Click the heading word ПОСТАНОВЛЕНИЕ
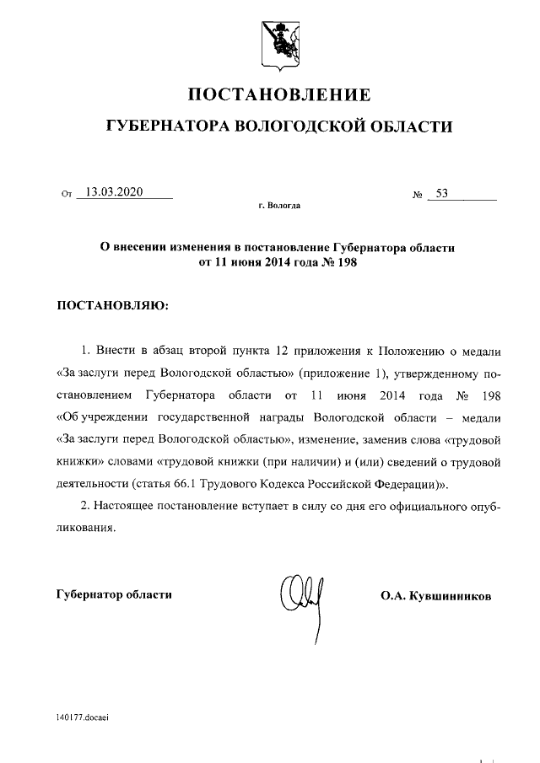point(278,93)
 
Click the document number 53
point(441,193)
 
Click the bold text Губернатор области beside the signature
point(114,594)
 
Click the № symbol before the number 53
point(418,195)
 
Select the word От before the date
point(67,195)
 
